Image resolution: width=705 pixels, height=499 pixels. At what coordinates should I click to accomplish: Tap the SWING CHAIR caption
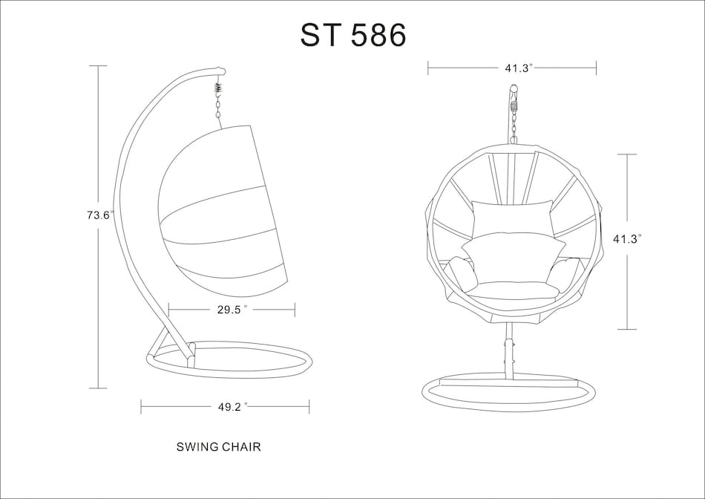click(218, 447)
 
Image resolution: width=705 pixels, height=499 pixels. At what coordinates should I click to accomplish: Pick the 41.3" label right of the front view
click(627, 239)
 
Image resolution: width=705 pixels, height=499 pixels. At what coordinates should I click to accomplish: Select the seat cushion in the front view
click(512, 290)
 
